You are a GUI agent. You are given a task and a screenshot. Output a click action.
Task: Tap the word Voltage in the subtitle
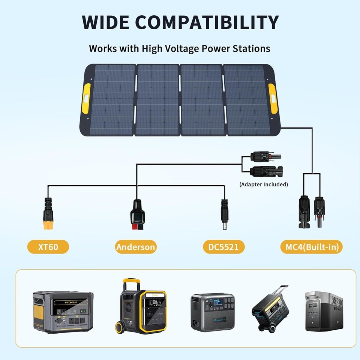tap(180, 49)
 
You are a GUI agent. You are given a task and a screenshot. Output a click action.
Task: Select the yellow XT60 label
tap(48, 247)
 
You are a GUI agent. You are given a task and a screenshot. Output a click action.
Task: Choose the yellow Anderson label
tap(135, 247)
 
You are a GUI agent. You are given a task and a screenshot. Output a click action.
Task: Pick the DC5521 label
tap(223, 247)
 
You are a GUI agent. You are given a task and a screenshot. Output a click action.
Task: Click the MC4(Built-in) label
tap(311, 247)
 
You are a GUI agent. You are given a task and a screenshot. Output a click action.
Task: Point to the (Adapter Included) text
tap(264, 184)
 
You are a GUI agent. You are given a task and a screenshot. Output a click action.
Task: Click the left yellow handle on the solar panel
tap(87, 98)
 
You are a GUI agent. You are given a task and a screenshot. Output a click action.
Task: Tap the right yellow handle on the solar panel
tap(273, 98)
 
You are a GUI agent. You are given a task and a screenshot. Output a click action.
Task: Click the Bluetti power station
tap(213, 312)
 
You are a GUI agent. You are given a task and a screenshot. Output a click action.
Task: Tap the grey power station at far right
tap(324, 311)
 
